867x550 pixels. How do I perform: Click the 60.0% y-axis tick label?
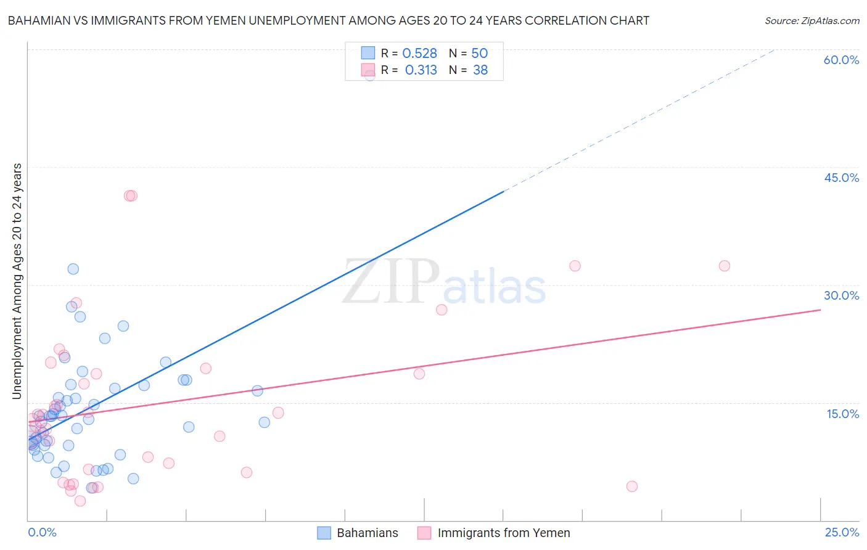[841, 60]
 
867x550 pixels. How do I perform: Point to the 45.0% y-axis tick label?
[841, 178]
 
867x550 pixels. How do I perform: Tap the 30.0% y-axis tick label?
[841, 295]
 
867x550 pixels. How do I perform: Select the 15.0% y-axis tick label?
[842, 414]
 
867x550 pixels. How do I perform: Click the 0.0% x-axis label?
[42, 532]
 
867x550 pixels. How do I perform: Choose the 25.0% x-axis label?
[842, 532]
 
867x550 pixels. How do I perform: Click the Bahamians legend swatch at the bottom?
[324, 533]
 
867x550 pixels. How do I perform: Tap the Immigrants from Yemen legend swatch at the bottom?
[424, 533]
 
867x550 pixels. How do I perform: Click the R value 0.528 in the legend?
[419, 54]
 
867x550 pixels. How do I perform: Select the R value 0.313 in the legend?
[421, 70]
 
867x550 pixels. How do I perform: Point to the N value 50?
[479, 54]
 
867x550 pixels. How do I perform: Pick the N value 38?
[480, 70]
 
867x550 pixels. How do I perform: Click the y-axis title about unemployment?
[17, 281]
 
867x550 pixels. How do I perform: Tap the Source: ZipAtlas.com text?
[812, 21]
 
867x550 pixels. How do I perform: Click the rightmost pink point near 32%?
[725, 266]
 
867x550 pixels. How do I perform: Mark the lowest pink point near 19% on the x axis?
[631, 486]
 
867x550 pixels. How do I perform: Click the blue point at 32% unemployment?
[73, 269]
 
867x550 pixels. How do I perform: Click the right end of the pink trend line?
[820, 310]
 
